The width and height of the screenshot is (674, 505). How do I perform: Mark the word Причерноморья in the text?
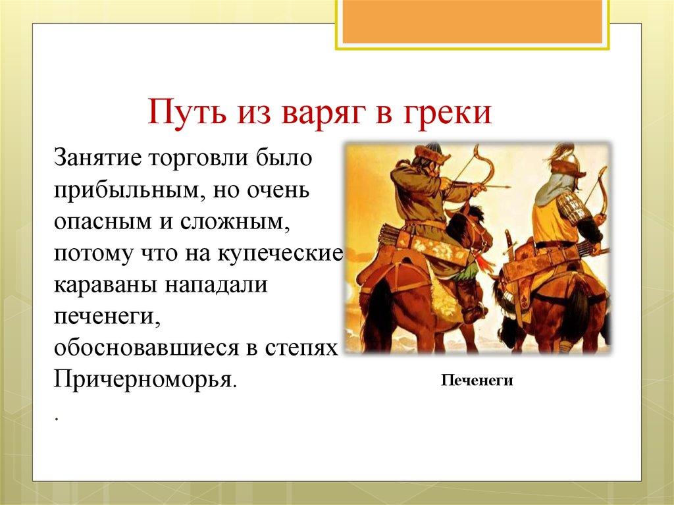click(143, 379)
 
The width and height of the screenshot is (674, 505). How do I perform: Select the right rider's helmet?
click(566, 158)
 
